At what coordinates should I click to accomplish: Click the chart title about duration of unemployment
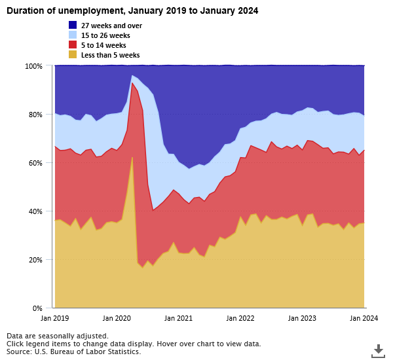point(131,10)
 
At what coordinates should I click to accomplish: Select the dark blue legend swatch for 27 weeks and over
point(73,26)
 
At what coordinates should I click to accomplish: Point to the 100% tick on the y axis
point(33,66)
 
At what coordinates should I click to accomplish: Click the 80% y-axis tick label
point(35,115)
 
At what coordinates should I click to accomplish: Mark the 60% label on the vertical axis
point(35,163)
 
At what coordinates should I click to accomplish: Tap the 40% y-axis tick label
point(35,211)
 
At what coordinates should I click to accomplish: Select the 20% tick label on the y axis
point(35,260)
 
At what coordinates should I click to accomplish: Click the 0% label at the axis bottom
point(37,308)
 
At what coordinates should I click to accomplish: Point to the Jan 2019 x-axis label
point(54,318)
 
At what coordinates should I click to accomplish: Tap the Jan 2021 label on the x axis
point(178,318)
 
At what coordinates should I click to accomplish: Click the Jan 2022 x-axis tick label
point(240,318)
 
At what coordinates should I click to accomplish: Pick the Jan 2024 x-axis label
point(364,318)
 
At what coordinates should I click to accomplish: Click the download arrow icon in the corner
point(378,350)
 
